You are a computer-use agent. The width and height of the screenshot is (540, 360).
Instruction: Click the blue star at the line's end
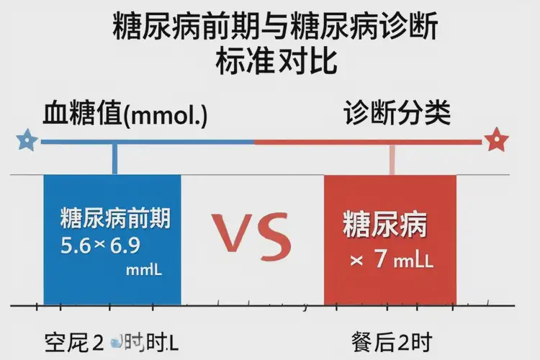27,140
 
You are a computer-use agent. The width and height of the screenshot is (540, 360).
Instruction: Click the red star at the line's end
495,140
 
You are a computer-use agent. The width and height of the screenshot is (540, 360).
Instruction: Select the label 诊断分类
397,113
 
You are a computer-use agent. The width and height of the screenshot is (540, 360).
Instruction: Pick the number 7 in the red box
380,260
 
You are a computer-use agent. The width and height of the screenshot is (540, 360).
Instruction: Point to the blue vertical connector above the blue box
114,158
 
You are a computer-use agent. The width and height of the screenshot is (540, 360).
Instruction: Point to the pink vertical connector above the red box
392,158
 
